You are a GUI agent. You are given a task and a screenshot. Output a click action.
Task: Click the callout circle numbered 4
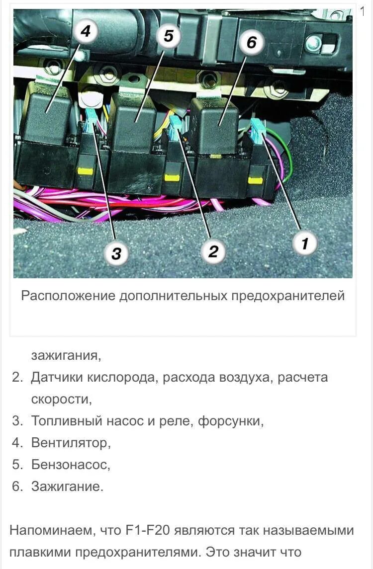[86, 31]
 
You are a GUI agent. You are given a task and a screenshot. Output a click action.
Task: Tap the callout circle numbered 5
[169, 36]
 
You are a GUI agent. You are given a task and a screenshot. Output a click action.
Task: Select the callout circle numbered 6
[252, 43]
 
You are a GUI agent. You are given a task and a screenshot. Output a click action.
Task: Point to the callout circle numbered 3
[116, 253]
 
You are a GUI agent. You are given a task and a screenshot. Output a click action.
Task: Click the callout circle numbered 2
[213, 251]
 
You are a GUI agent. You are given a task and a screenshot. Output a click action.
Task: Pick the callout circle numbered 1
[305, 244]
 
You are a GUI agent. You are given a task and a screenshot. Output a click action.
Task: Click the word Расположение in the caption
[68, 296]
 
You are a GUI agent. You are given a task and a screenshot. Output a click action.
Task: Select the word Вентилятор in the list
[70, 442]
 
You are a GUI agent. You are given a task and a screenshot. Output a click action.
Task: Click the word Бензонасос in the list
[70, 465]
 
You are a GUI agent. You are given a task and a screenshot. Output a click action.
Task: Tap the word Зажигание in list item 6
[67, 487]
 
